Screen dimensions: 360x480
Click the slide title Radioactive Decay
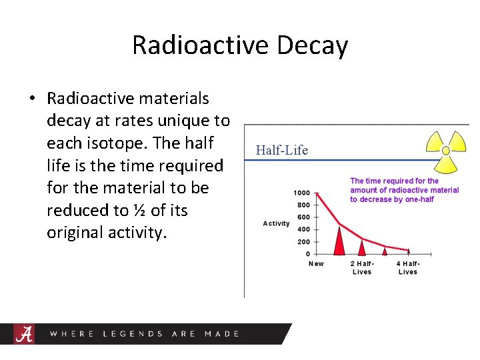[240, 45]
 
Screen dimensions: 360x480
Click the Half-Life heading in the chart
[281, 150]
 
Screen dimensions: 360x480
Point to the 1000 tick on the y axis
[301, 193]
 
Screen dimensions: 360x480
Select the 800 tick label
[303, 205]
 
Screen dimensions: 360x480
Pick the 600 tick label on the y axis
[303, 217]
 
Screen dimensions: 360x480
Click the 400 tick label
[303, 229]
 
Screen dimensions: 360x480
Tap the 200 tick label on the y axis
[303, 241]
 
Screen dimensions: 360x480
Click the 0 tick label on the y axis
[307, 254]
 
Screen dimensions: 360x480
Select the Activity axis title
[276, 223]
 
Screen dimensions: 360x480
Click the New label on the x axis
[316, 263]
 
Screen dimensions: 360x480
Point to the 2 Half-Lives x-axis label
[362, 267]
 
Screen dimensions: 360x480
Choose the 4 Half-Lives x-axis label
[407, 267]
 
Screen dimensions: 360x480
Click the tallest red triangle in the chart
[339, 241]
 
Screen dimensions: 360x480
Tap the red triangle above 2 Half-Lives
[362, 247]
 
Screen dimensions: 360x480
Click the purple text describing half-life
[404, 190]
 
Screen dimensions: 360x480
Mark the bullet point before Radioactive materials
[31, 99]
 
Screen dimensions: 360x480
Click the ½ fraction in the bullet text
[139, 211]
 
